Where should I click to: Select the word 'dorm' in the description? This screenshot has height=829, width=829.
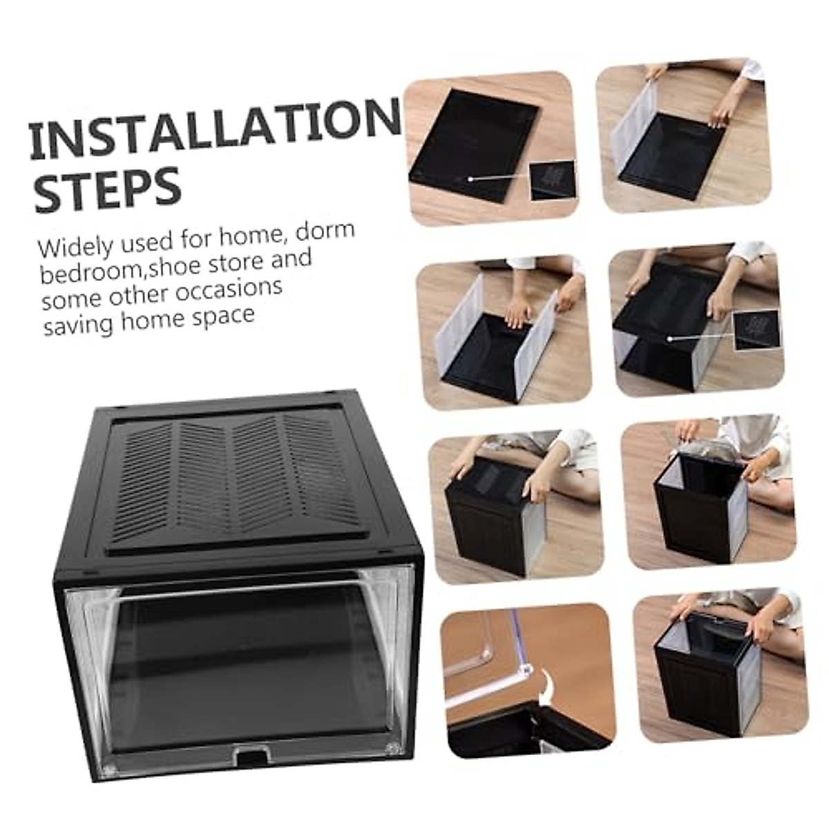325,233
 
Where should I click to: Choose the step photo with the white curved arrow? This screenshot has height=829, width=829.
528,680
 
